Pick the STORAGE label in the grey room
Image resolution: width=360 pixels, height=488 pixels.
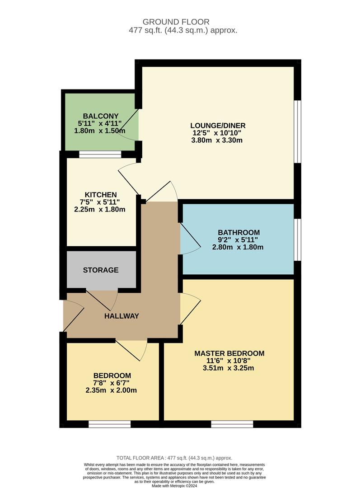pyautogui.click(x=101, y=270)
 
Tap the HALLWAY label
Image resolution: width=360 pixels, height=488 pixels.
pyautogui.click(x=122, y=316)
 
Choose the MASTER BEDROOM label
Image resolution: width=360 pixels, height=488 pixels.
pyautogui.click(x=229, y=353)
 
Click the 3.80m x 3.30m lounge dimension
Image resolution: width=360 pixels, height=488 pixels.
pyautogui.click(x=217, y=140)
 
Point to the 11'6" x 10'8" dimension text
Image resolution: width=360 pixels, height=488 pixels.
pyautogui.click(x=229, y=361)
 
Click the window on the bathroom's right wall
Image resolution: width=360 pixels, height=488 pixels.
pyautogui.click(x=297, y=240)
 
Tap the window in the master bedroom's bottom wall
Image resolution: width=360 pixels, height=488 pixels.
pyautogui.click(x=232, y=424)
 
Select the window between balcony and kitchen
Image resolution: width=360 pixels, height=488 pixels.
pyautogui.click(x=100, y=155)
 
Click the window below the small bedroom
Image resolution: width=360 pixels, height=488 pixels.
pyautogui.click(x=109, y=424)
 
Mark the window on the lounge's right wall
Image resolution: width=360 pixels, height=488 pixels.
pyautogui.click(x=297, y=131)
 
